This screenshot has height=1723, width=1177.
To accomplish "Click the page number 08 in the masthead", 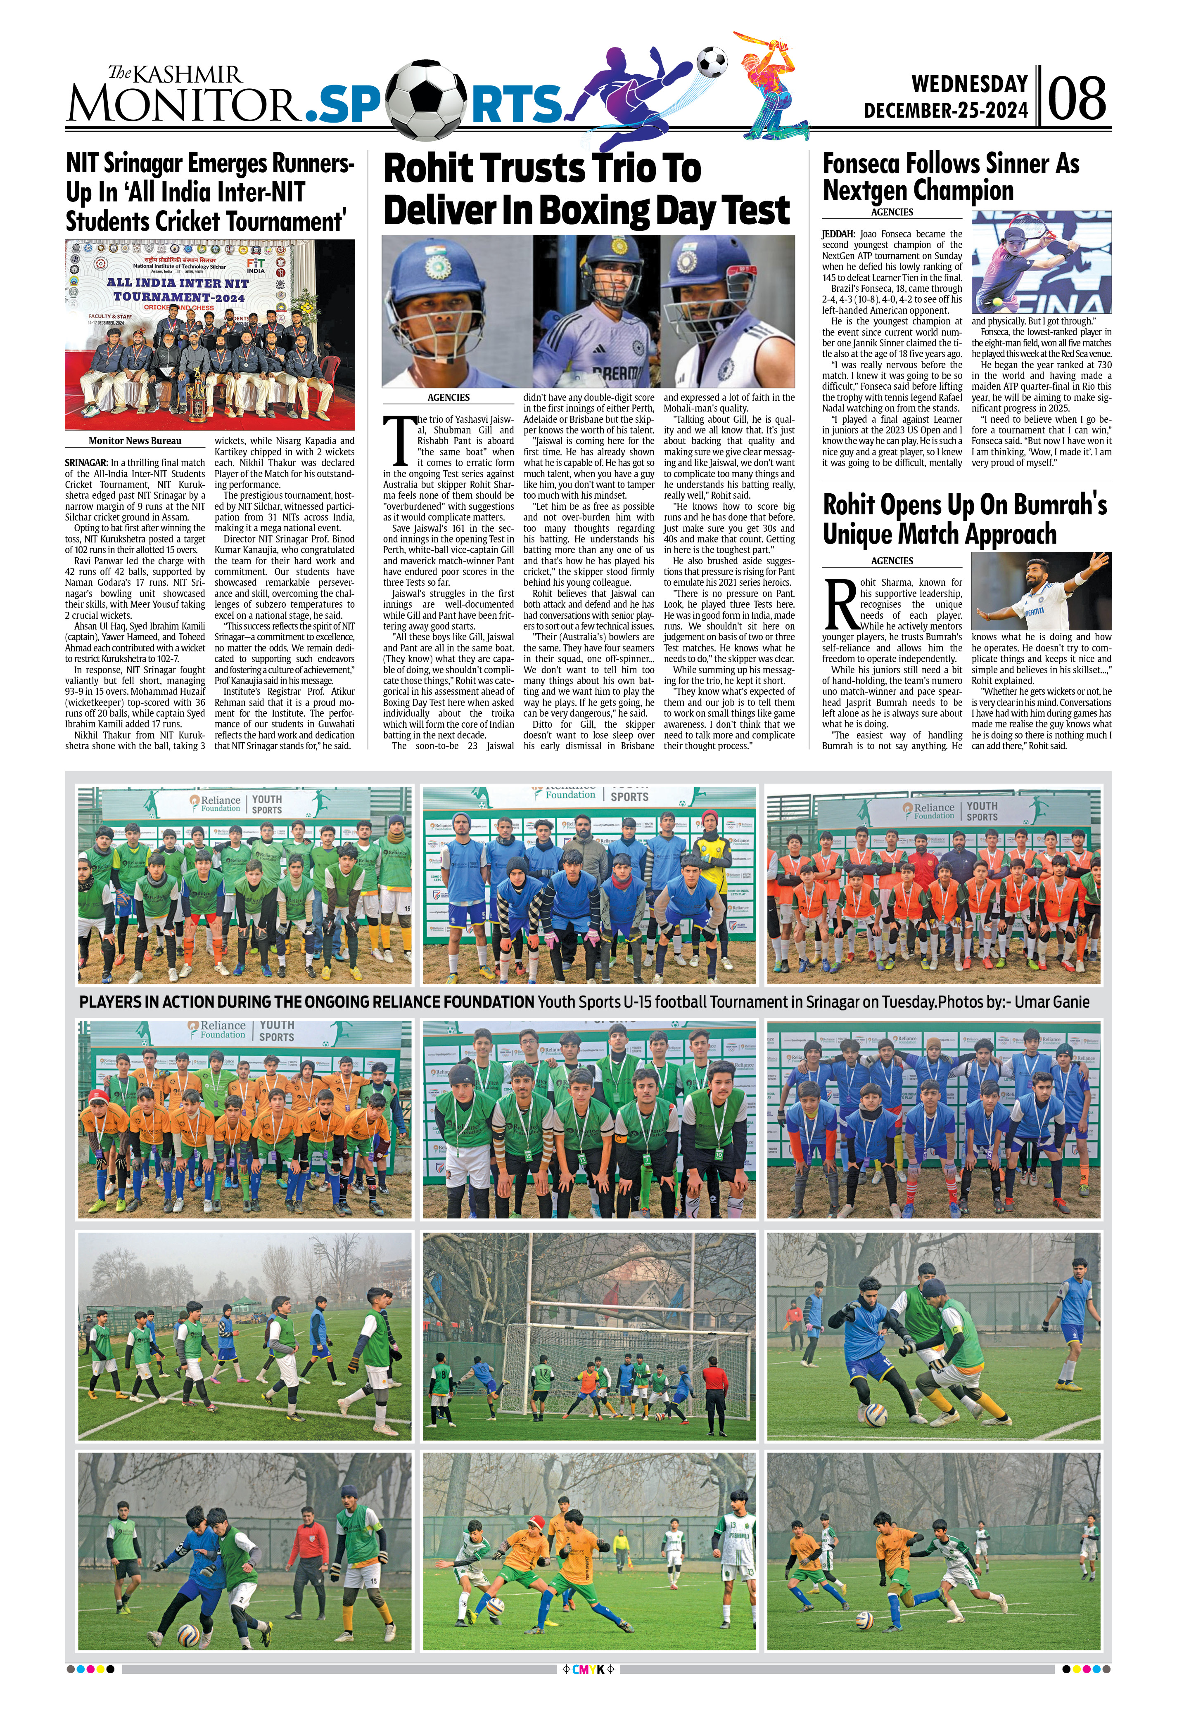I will click(1077, 99).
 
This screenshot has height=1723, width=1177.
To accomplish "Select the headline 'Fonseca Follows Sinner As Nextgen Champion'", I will click(951, 176).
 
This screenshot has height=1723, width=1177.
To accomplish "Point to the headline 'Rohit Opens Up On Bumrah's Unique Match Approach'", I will click(964, 519).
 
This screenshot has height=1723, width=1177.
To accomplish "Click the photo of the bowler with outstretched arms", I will click(1041, 591).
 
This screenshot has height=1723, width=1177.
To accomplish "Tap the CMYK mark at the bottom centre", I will click(588, 1705).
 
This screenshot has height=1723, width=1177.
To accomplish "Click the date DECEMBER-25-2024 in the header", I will click(946, 111).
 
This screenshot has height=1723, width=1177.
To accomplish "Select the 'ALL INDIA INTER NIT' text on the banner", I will click(178, 282).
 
